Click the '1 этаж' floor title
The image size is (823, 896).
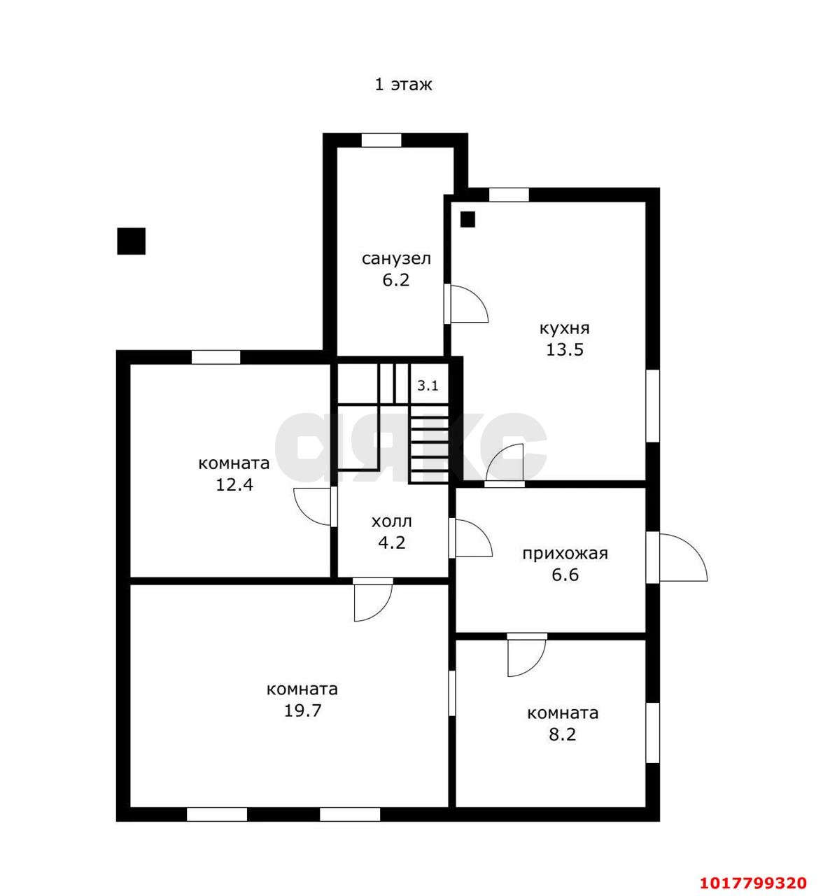click(x=403, y=84)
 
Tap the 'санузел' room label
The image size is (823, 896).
click(x=396, y=258)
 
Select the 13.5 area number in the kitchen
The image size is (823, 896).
click(x=565, y=349)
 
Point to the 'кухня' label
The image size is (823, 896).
click(x=565, y=328)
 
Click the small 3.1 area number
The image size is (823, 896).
click(x=428, y=386)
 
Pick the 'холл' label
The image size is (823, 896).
click(x=392, y=521)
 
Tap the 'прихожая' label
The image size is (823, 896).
click(x=565, y=554)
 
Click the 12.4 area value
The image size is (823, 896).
click(x=234, y=484)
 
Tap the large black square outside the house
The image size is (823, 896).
click(x=132, y=241)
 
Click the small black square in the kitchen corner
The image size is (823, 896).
click(x=467, y=219)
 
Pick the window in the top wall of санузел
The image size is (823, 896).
click(x=381, y=140)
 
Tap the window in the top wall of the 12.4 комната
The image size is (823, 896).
click(x=216, y=357)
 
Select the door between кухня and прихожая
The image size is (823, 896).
click(x=505, y=465)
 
